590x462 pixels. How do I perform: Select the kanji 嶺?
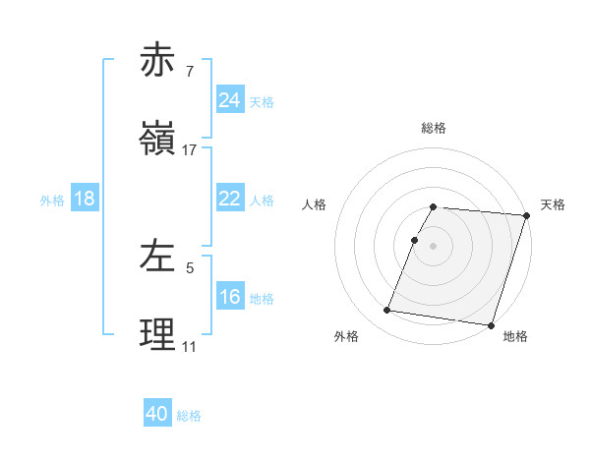[x=159, y=139]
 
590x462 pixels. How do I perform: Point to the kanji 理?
[x=159, y=335]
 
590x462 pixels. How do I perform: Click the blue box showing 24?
[x=229, y=100]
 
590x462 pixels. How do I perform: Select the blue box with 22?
[x=229, y=199]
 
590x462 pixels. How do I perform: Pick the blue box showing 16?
[x=229, y=296]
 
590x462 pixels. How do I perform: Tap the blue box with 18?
[x=85, y=199]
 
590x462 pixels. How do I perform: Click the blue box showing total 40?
[x=157, y=414]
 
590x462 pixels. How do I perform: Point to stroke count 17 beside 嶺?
[x=190, y=150]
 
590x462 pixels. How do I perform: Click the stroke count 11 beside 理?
[x=189, y=347]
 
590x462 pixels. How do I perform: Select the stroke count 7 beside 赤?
[x=189, y=72]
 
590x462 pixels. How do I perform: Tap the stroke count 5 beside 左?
[x=189, y=267]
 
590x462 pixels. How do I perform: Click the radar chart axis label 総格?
[x=434, y=128]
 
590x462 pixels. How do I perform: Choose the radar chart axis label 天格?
[x=553, y=204]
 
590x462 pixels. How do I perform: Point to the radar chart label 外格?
[x=346, y=337]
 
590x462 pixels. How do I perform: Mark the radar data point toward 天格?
[x=527, y=215]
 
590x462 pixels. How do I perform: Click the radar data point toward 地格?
[x=491, y=324]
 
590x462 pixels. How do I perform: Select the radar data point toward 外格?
[x=387, y=310]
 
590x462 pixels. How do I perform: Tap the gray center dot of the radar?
[x=434, y=245]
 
